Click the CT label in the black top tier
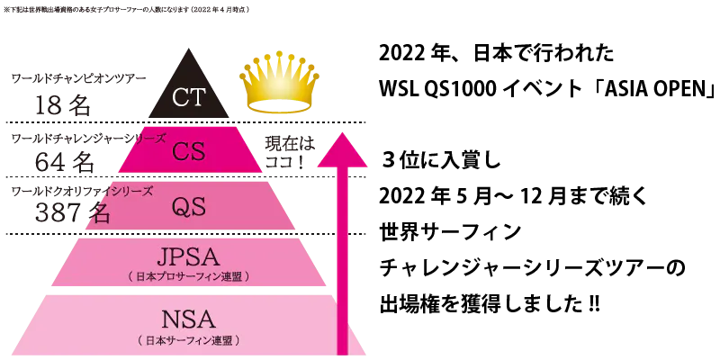pos(189,96)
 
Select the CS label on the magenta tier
pos(189,150)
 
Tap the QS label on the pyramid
pos(189,206)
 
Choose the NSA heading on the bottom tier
pos(189,319)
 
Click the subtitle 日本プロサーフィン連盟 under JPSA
pos(189,275)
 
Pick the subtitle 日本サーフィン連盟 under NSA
pos(189,341)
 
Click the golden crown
pos(280,84)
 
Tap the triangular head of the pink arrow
pos(342,150)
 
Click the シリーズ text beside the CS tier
pos(149,138)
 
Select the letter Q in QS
pos(180,206)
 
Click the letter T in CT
pos(198,96)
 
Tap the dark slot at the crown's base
pos(280,105)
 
